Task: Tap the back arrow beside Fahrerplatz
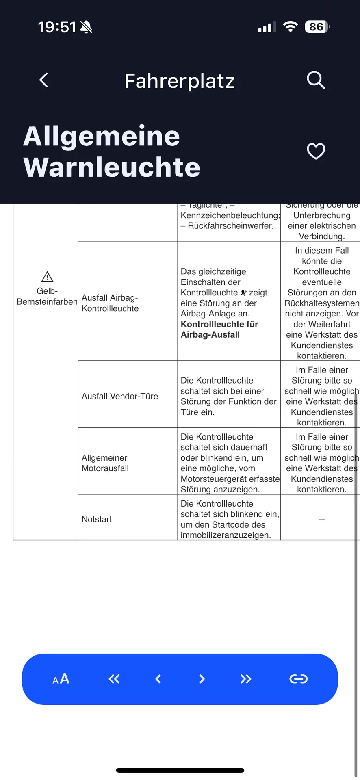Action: (44, 80)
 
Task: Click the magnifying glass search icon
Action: (316, 80)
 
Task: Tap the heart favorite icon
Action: (316, 152)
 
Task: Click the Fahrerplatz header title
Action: (180, 81)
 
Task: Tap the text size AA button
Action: (61, 679)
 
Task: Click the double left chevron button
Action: (114, 679)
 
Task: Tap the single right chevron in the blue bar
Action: (202, 679)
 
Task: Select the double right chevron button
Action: (246, 679)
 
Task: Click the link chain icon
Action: (298, 679)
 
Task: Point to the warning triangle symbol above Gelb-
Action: (47, 277)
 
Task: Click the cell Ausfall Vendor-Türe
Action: (120, 396)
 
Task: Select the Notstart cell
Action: (97, 519)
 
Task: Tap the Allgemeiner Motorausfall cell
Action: (105, 463)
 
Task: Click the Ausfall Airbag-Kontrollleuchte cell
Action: (110, 303)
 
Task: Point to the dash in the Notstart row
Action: (322, 520)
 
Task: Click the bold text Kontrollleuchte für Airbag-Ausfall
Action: (219, 329)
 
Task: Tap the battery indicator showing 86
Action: (317, 27)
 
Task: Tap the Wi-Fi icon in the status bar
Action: (291, 27)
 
